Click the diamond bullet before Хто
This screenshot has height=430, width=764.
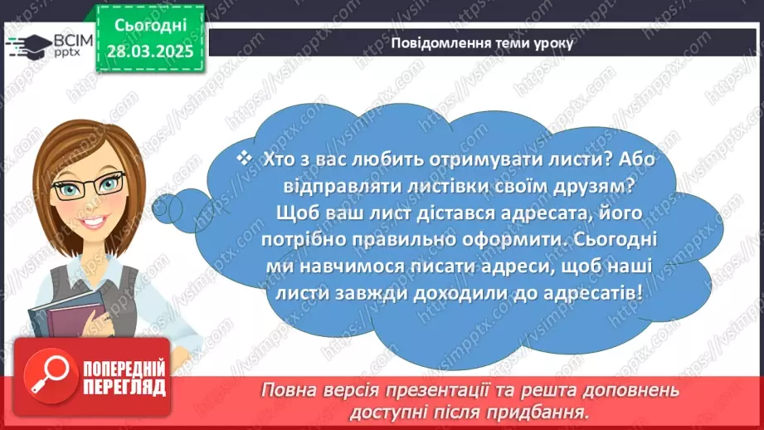pyautogui.click(x=243, y=156)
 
